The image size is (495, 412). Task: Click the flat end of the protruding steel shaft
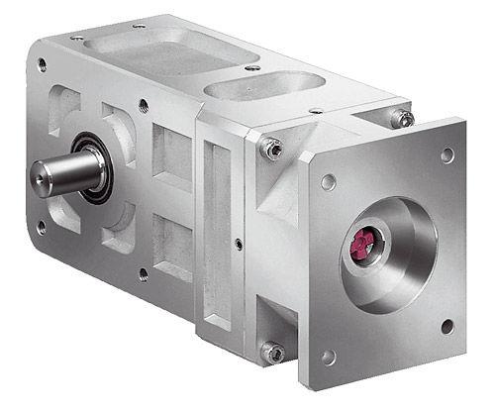tap(43, 175)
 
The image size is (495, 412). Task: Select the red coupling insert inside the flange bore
tap(362, 241)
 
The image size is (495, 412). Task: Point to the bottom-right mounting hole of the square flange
tap(446, 326)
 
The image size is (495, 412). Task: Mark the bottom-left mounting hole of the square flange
tap(329, 356)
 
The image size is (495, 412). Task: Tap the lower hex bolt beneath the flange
tap(271, 351)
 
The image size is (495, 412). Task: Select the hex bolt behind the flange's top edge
tap(402, 118)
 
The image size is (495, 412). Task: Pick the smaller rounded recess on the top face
tap(263, 88)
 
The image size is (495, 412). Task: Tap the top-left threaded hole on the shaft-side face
tap(42, 65)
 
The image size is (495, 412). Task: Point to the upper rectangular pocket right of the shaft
tap(173, 158)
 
